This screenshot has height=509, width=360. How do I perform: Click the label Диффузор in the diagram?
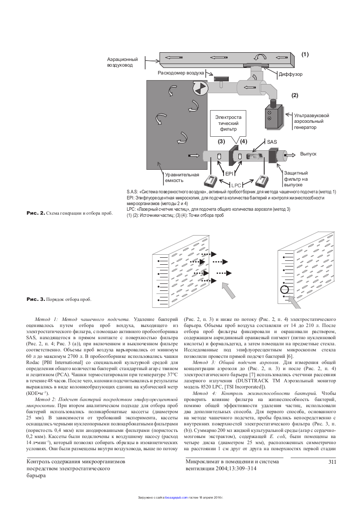tap(290, 74)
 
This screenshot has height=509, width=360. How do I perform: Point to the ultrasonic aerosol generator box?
tap(272, 115)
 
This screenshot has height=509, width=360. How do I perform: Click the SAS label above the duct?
tap(272, 142)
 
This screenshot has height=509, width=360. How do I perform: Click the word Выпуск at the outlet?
tap(308, 154)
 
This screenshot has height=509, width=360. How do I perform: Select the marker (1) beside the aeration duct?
tap(305, 54)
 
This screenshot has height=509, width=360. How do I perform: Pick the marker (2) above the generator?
tap(295, 94)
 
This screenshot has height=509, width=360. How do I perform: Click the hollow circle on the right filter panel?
tap(284, 290)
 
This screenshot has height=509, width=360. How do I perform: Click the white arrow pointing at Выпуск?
tap(289, 155)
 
